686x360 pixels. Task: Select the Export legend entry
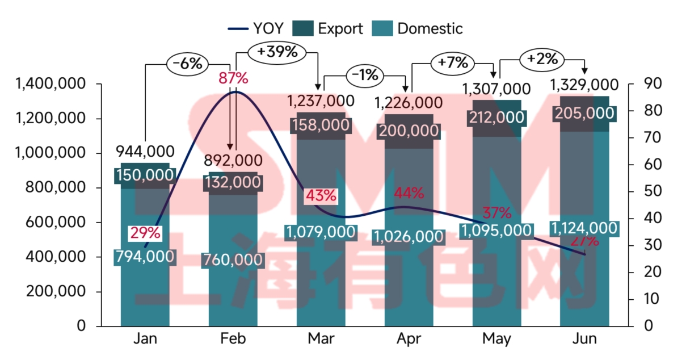point(328,28)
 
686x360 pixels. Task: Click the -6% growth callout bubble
point(187,64)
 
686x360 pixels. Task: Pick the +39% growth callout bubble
point(277,52)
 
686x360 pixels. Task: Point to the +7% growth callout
point(452,62)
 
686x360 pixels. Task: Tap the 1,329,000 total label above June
point(584,85)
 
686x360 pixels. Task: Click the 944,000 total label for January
point(145,152)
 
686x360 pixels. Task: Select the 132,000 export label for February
point(234,182)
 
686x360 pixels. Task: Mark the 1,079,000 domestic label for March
point(321,232)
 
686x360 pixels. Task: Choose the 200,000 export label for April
point(409,131)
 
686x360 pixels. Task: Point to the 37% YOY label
point(497,214)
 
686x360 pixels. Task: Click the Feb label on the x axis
point(233,339)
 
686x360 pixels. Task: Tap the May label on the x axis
point(496,339)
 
